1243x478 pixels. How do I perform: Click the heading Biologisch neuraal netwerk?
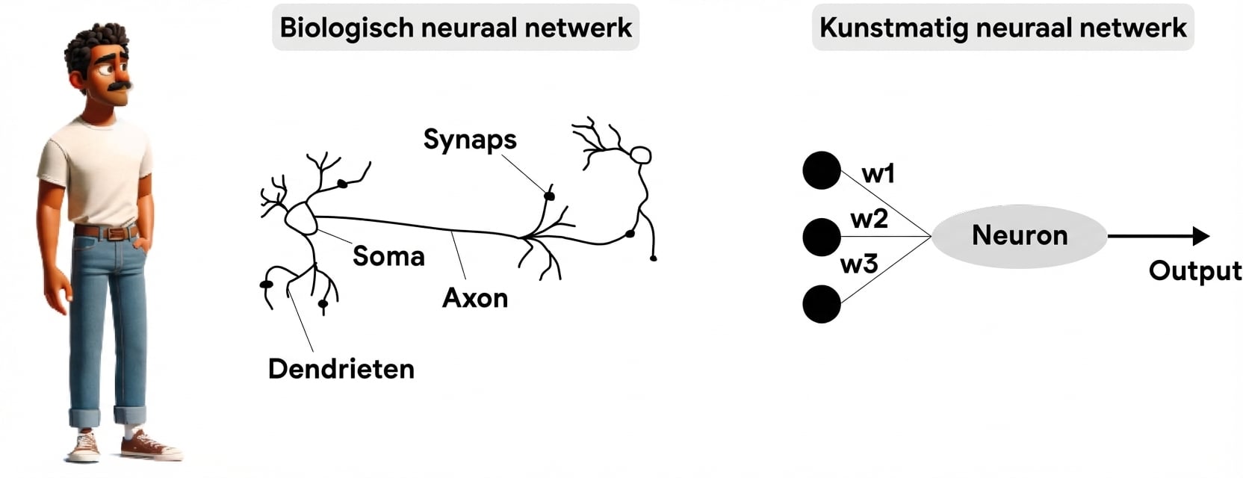pyautogui.click(x=455, y=28)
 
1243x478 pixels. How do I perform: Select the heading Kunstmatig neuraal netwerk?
pyautogui.click(x=1002, y=28)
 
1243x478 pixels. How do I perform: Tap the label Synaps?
pyautogui.click(x=469, y=139)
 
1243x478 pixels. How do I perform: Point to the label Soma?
pyautogui.click(x=388, y=256)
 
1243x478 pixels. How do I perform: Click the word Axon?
pyautogui.click(x=475, y=298)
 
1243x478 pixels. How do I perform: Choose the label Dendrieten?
pyautogui.click(x=341, y=369)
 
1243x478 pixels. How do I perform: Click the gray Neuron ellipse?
pyautogui.click(x=1019, y=236)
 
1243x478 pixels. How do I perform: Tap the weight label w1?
pyautogui.click(x=878, y=173)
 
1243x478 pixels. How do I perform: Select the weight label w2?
pyautogui.click(x=869, y=219)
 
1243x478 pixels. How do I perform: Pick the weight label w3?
pyautogui.click(x=859, y=264)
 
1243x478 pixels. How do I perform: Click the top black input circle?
pyautogui.click(x=822, y=170)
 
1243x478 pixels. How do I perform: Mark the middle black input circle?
pyautogui.click(x=822, y=237)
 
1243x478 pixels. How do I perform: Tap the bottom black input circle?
pyautogui.click(x=822, y=304)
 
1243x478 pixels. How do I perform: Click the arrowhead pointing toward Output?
pyautogui.click(x=1200, y=236)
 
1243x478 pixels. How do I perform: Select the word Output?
pyautogui.click(x=1194, y=270)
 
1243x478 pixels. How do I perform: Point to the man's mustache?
pyautogui.click(x=120, y=86)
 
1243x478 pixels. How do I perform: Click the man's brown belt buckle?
pyautogui.click(x=115, y=234)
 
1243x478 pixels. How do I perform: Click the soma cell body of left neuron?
pyautogui.click(x=301, y=218)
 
